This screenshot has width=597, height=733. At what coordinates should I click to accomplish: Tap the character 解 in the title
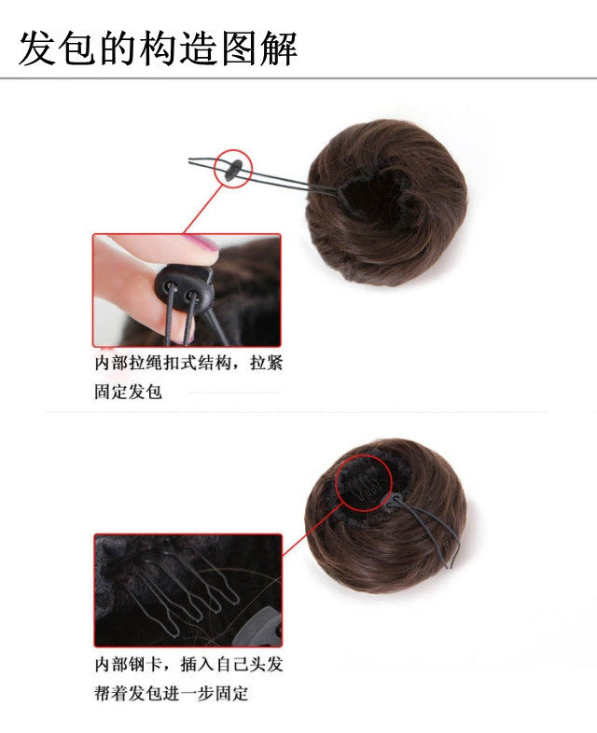pos(279,48)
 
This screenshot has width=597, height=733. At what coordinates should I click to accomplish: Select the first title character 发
pos(37,48)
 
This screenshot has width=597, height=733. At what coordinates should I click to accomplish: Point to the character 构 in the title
pos(159,48)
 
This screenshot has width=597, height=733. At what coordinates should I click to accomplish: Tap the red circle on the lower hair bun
pos(355,477)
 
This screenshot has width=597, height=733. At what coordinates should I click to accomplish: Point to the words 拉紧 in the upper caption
pos(266,363)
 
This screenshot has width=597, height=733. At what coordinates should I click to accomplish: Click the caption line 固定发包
pos(128,391)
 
